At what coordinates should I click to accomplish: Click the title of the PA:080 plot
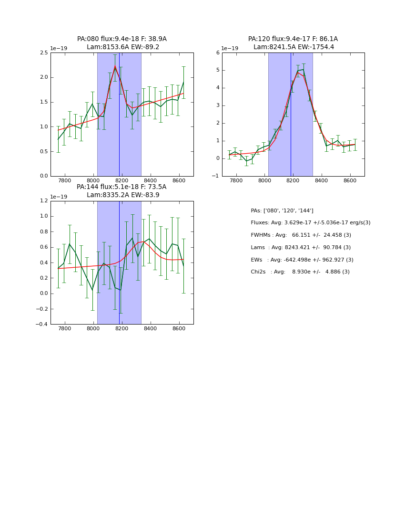coord(122,43)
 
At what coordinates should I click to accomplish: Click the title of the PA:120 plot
coord(293,43)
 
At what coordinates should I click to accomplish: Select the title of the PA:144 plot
coord(122,191)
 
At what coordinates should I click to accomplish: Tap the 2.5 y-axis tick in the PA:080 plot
coord(43,52)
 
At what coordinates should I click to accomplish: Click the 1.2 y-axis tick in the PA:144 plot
coord(43,201)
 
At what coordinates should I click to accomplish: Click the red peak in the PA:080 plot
coord(115,66)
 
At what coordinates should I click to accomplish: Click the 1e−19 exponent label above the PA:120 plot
coord(230,49)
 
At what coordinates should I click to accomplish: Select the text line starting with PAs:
coord(282,210)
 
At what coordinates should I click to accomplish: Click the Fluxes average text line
coord(310,223)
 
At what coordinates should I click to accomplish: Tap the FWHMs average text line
coord(301,235)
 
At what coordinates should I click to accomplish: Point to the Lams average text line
coord(301,248)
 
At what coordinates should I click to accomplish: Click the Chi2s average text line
coord(300,272)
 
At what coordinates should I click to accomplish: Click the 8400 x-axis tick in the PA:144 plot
coord(151,329)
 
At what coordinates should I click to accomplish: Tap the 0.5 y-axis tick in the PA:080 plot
coord(43,151)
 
